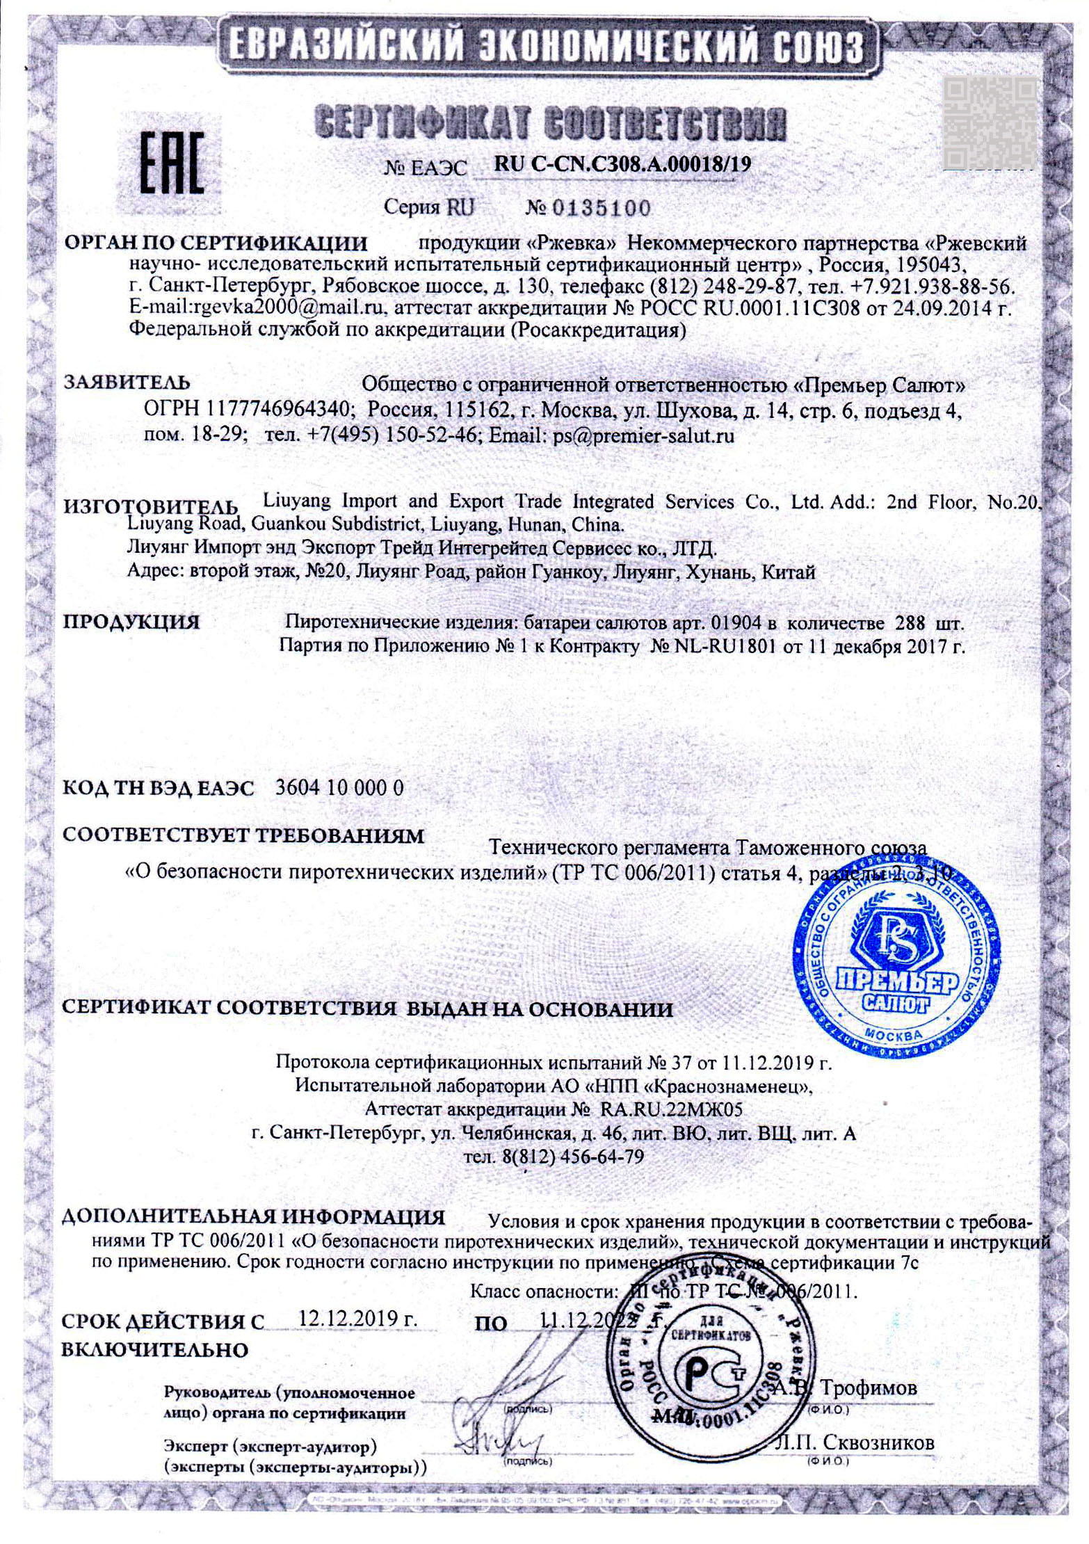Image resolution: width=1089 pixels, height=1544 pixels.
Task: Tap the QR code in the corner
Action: pos(989,122)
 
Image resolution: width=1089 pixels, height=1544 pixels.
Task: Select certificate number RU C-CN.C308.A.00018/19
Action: pos(622,164)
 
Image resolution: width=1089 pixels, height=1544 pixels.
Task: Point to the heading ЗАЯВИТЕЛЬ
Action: pos(127,383)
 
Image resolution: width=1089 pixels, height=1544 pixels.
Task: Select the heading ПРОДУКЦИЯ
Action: pos(131,621)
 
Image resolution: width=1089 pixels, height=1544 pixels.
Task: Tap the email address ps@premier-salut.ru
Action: pos(643,436)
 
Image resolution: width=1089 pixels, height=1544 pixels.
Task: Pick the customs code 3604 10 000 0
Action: pos(339,788)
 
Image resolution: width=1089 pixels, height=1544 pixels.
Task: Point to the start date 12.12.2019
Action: pos(357,1318)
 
